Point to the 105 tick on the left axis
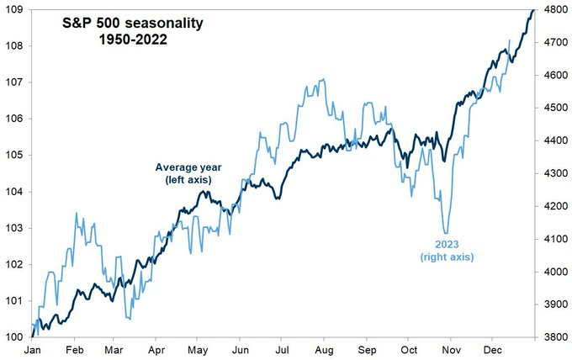tap(14, 155)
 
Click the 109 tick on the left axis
tap(14, 9)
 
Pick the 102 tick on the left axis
tap(14, 264)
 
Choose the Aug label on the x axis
tap(324, 349)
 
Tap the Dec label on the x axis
tap(493, 349)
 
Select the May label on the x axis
tap(199, 349)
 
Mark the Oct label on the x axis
tap(409, 349)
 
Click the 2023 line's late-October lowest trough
tap(445, 233)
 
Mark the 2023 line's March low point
tap(129, 319)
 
